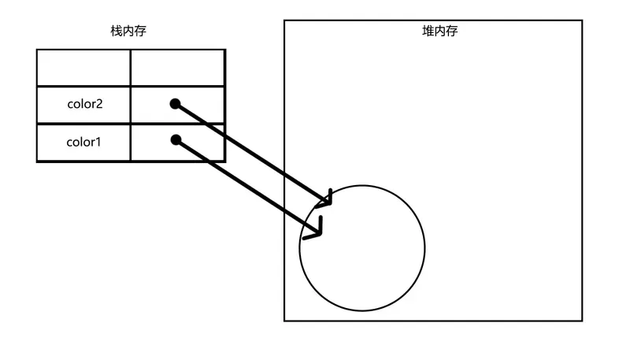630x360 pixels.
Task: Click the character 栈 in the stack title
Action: [x=116, y=32]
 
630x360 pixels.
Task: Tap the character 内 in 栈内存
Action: [x=128, y=32]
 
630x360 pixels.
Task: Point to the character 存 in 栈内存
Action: [x=140, y=32]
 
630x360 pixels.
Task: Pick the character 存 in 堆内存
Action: [x=452, y=32]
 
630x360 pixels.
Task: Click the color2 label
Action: [x=83, y=105]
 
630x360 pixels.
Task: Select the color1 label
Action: [x=83, y=143]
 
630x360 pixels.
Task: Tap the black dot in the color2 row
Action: [x=176, y=104]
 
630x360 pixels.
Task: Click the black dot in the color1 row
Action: [x=176, y=141]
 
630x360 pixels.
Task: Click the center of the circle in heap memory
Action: [x=362, y=247]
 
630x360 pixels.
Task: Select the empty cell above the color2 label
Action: [x=83, y=68]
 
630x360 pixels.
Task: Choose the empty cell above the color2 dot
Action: [x=178, y=68]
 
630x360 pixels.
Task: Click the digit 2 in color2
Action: [x=99, y=105]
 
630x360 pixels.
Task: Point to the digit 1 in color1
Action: [x=98, y=143]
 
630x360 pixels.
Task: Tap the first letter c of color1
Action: [x=69, y=143]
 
